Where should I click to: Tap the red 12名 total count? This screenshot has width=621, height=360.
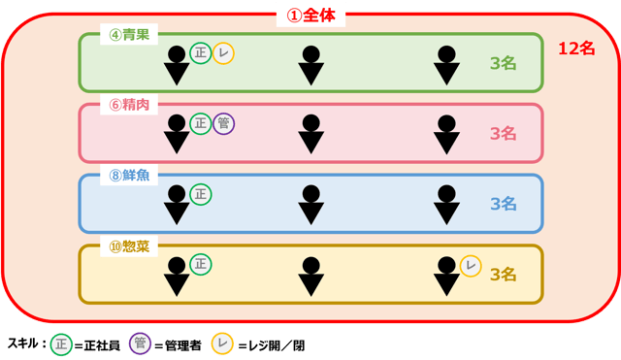coord(581,48)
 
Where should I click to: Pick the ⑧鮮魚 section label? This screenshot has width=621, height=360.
coord(129,176)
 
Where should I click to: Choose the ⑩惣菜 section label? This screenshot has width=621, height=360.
coord(129,245)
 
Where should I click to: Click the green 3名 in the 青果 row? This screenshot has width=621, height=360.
coord(503,64)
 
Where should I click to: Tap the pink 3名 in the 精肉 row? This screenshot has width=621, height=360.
coord(503,134)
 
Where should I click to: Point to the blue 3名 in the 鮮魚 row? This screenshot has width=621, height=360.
coord(503,204)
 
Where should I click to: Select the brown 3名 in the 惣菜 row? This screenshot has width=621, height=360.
coord(503,275)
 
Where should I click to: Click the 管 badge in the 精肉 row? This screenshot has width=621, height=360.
coord(223,123)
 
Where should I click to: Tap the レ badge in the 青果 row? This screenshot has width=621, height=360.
coord(223,53)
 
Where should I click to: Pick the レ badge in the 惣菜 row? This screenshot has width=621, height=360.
coord(471,265)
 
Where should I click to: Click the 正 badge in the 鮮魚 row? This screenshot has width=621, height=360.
coord(201,194)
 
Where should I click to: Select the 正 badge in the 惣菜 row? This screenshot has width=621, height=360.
coord(201,263)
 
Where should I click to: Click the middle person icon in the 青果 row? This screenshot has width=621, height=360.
coord(310,65)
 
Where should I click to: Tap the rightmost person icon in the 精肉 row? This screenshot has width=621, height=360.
coord(446,135)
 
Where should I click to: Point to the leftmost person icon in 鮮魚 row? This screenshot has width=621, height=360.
coord(177,205)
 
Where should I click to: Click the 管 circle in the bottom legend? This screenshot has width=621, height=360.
coord(141,344)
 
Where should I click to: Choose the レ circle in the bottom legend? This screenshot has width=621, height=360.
coord(222,344)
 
